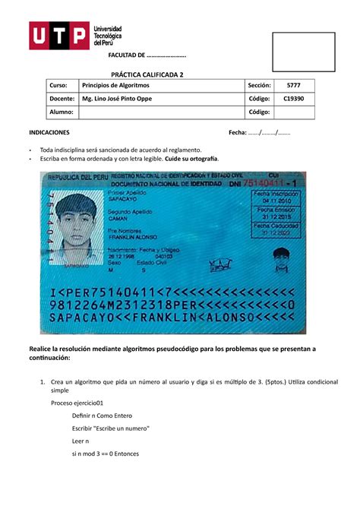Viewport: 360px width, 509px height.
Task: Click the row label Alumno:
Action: coord(61,112)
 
